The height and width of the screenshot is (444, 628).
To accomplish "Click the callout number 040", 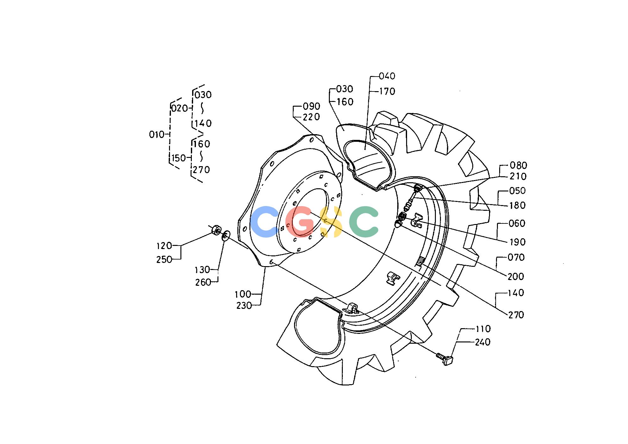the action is (x=387, y=76).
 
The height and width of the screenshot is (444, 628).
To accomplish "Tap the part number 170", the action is (x=387, y=91).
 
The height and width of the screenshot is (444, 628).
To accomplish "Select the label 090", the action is (x=311, y=106).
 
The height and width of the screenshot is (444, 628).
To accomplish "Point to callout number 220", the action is (x=311, y=117).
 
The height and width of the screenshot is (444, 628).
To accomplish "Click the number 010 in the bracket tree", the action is (x=157, y=135).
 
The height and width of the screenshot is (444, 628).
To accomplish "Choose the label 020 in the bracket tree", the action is (x=180, y=109).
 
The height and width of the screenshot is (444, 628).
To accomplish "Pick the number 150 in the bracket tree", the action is (x=179, y=158).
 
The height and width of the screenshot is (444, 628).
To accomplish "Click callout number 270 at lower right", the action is (x=516, y=315).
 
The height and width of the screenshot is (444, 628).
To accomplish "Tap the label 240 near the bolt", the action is (x=483, y=342).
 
